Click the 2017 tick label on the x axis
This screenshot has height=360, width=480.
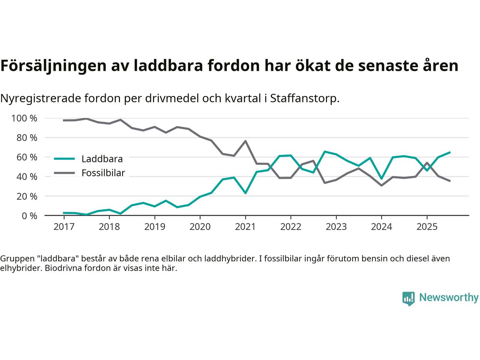pyautogui.click(x=64, y=227)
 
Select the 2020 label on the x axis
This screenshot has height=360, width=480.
pyautogui.click(x=200, y=227)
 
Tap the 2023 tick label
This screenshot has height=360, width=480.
pyautogui.click(x=336, y=227)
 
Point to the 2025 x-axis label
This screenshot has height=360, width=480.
pyautogui.click(x=427, y=227)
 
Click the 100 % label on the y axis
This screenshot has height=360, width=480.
pyautogui.click(x=24, y=118)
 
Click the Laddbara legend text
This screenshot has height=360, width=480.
pyautogui.click(x=102, y=159)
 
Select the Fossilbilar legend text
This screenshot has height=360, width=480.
pyautogui.click(x=103, y=173)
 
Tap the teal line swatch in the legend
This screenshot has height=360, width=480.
pyautogui.click(x=64, y=159)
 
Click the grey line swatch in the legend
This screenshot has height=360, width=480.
pyautogui.click(x=64, y=173)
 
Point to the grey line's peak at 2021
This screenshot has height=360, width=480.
pyautogui.click(x=245, y=141)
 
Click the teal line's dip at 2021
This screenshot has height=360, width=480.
pyautogui.click(x=245, y=193)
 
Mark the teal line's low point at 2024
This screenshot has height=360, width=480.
pyautogui.click(x=381, y=178)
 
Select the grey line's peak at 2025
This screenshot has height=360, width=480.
pyautogui.click(x=427, y=163)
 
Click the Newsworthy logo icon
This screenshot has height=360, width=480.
pyautogui.click(x=408, y=298)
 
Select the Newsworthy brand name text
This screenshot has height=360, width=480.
pyautogui.click(x=448, y=298)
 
